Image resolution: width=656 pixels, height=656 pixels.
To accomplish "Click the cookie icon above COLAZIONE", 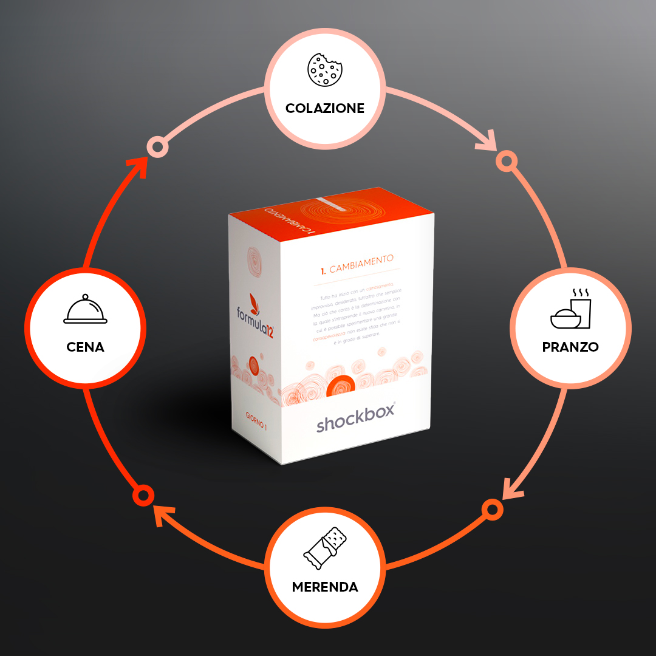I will tap(326, 69).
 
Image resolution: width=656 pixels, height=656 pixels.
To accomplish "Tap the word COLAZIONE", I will tap(325, 109).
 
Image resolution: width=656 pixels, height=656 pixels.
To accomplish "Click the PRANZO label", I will tap(570, 347).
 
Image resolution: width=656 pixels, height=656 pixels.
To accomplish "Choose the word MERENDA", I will tap(325, 587).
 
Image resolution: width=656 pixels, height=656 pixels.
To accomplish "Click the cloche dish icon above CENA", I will tap(85, 310).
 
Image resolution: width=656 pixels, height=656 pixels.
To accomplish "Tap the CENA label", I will tap(85, 347).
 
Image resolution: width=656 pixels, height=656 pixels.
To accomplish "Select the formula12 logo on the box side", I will tap(255, 313).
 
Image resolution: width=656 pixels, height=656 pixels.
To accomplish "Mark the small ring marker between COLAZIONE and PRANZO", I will tap(505, 160).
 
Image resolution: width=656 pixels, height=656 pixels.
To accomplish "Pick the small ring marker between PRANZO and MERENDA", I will tap(491, 509).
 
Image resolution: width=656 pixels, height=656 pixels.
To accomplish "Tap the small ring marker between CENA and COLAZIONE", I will tap(158, 146).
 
